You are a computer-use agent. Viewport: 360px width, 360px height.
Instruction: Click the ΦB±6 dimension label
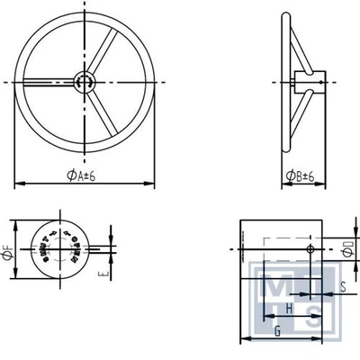tap(300, 175)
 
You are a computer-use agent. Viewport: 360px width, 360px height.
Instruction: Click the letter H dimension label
tap(287, 308)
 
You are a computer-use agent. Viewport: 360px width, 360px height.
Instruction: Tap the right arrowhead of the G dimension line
tap(320, 340)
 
